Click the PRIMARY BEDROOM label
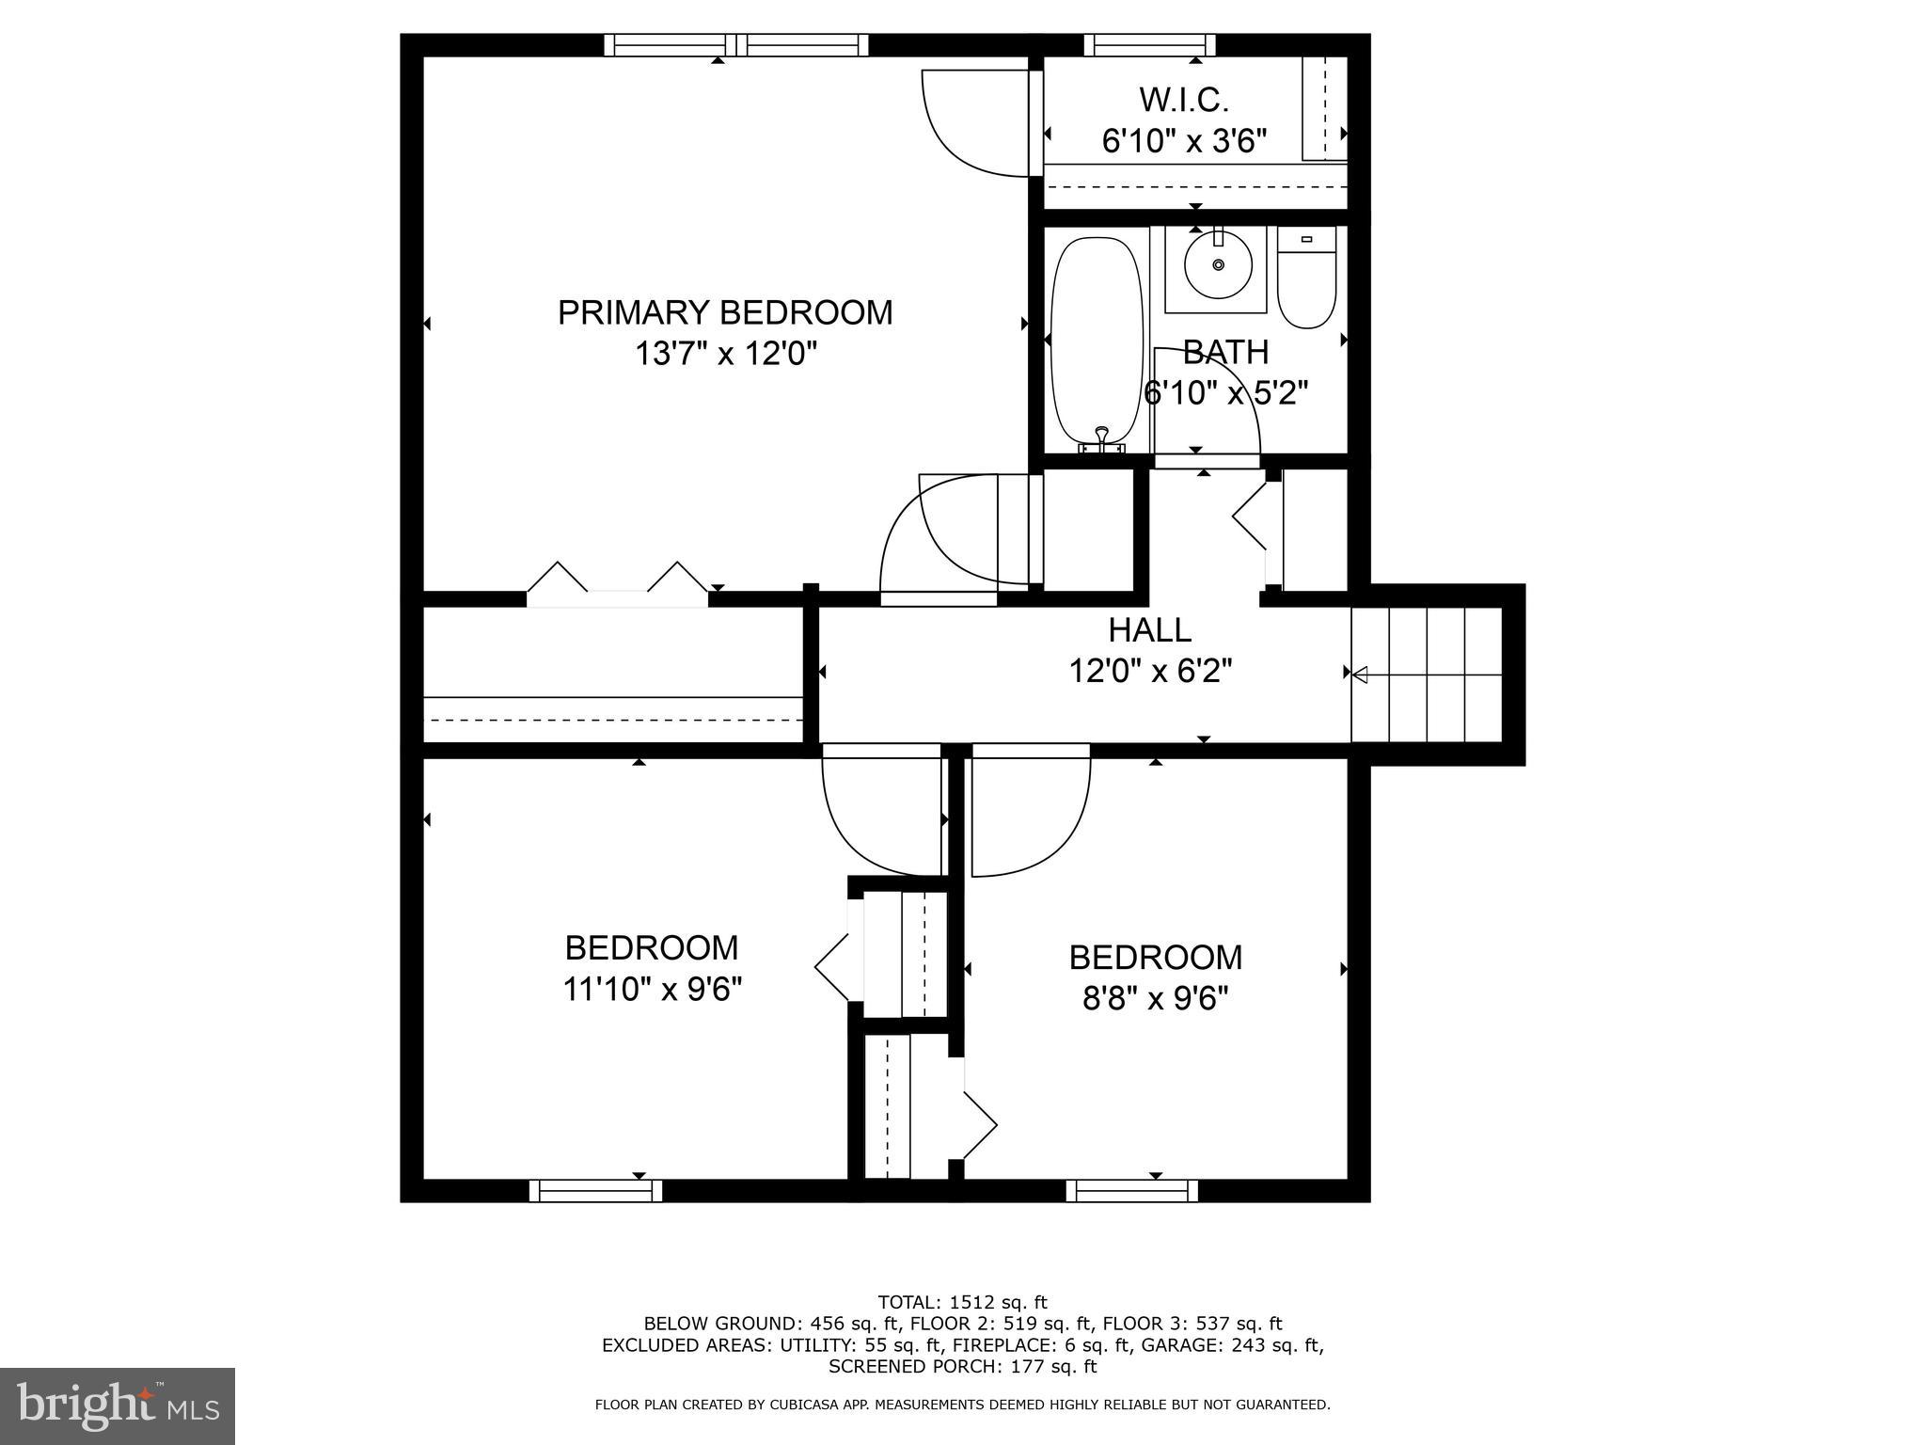click(x=725, y=312)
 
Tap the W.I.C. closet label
click(x=1184, y=99)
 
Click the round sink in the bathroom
click(x=1218, y=265)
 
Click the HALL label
click(x=1149, y=629)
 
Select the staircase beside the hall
click(x=1426, y=675)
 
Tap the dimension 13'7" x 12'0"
click(x=725, y=355)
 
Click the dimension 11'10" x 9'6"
click(x=653, y=990)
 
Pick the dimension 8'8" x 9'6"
click(x=1155, y=998)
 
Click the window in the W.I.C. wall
click(x=1149, y=44)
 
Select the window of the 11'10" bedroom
click(x=595, y=1191)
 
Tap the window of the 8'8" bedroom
click(x=1132, y=1191)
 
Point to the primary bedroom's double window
click(x=736, y=44)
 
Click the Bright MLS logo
click(x=118, y=1405)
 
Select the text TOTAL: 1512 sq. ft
click(x=962, y=1303)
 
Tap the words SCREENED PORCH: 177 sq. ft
click(x=962, y=1366)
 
